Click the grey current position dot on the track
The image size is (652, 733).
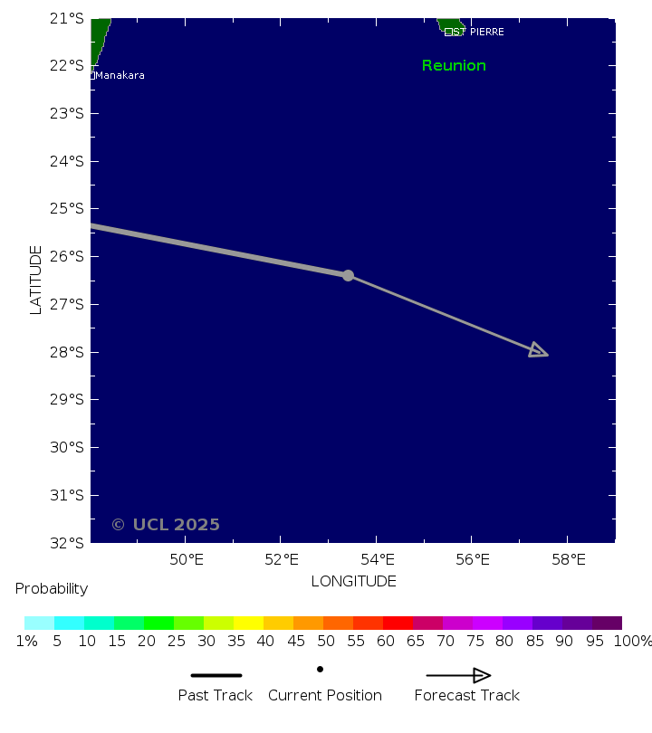pos(348,275)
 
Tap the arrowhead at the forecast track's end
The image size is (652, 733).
pos(538,351)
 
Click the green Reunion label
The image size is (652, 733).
pos(454,66)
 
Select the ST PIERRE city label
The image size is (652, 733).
pos(478,32)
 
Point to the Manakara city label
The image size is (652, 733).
pos(120,75)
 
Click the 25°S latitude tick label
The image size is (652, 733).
pos(68,209)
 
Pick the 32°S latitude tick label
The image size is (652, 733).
pos(68,543)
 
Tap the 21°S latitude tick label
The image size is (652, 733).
pos(68,18)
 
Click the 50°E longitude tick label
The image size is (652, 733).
pos(186,559)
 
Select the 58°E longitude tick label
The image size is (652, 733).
pos(569,559)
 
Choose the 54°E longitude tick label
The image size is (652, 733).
pos(377,559)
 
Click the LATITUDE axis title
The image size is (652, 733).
pos(36,280)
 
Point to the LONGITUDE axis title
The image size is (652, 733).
pos(353,581)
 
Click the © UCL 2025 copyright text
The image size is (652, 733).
pos(166,525)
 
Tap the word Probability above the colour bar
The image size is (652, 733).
pos(52,589)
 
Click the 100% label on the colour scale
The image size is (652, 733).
pos(633,642)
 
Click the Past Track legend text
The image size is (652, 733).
pos(215,695)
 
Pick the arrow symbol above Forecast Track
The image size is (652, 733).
pos(458,675)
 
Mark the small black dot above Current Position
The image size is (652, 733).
pos(320,669)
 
